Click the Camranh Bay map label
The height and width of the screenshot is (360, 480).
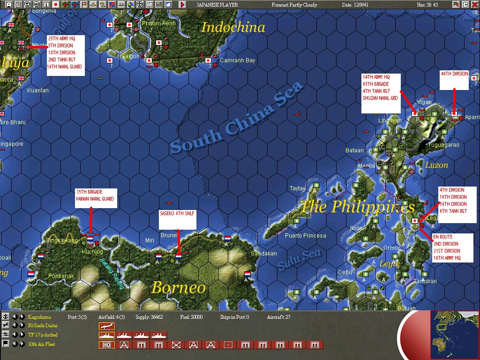pos(238,60)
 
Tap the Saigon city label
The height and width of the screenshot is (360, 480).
pos(130,56)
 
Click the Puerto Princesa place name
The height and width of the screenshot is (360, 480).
pos(305,235)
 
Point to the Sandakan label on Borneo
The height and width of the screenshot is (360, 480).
pos(264,254)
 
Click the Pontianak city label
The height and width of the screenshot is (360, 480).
pos(61,276)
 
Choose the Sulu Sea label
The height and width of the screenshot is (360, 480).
pos(299,259)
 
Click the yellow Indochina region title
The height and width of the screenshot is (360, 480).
pos(233,27)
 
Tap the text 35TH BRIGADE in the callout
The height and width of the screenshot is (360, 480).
pos(89,192)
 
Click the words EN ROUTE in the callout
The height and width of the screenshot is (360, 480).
pos(442,237)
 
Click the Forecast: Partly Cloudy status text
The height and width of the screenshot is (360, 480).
pos(294,5)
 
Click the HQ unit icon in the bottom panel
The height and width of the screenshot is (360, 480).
pos(106,345)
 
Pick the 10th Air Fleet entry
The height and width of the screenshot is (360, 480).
pos(41,345)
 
